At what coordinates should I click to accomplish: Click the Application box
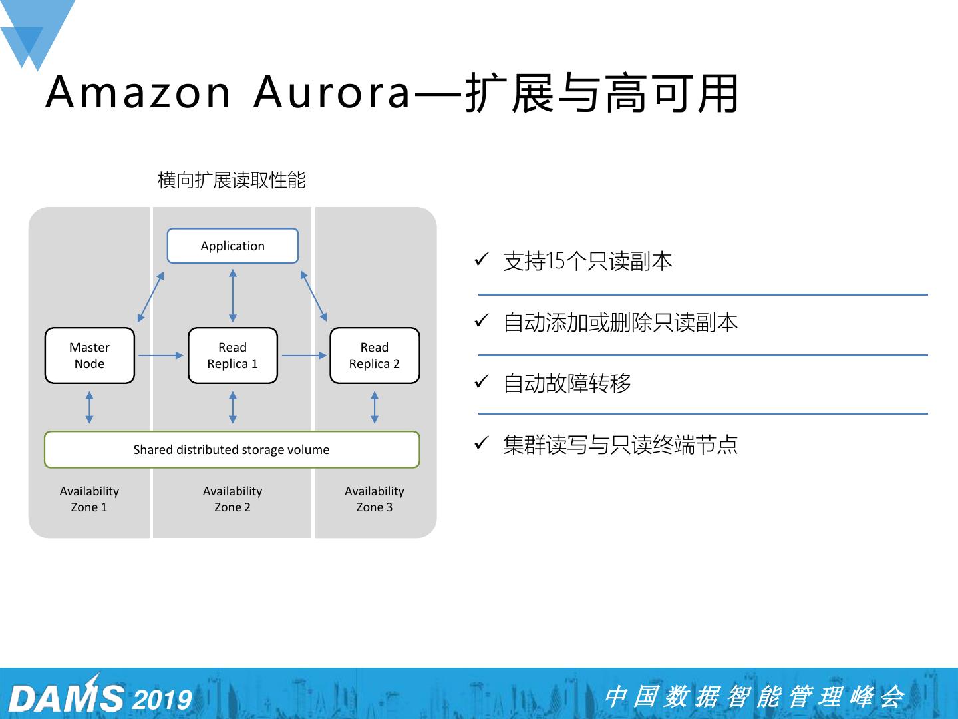coord(232,246)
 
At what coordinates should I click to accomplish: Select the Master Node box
coord(90,356)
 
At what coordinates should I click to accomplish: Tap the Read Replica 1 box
coord(232,356)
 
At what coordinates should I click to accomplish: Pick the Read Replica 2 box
coord(375,356)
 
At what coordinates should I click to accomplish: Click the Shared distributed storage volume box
coord(232,449)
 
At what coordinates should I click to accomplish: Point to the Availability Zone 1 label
coord(89,499)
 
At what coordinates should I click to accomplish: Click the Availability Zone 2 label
coord(232,499)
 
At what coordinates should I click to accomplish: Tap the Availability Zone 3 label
coord(375,499)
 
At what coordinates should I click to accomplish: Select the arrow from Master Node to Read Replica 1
coord(160,356)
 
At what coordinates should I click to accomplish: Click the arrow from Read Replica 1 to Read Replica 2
coord(304,356)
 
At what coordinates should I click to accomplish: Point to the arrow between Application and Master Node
coord(150,296)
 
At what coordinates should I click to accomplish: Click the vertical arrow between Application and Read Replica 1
coord(233,296)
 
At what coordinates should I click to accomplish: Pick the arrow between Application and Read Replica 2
coord(313,296)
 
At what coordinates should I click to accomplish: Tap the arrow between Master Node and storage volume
coord(90,407)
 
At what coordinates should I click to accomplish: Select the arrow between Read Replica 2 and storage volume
coord(375,407)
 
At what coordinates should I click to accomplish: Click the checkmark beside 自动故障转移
coord(482,382)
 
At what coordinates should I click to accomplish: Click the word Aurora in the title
coord(333,92)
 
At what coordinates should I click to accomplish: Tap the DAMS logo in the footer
coord(67,698)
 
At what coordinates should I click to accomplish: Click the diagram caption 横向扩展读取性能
coord(232,180)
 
